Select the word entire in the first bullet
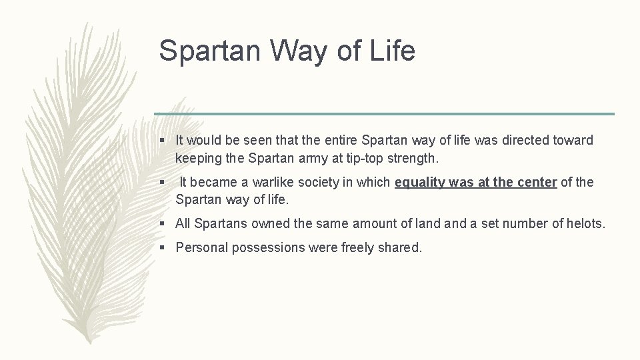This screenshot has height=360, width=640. click(339, 141)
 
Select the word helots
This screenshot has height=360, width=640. click(586, 223)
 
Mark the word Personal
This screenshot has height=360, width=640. click(200, 248)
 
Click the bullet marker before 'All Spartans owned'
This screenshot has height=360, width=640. click(162, 224)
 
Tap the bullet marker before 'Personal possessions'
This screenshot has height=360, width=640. click(162, 248)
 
